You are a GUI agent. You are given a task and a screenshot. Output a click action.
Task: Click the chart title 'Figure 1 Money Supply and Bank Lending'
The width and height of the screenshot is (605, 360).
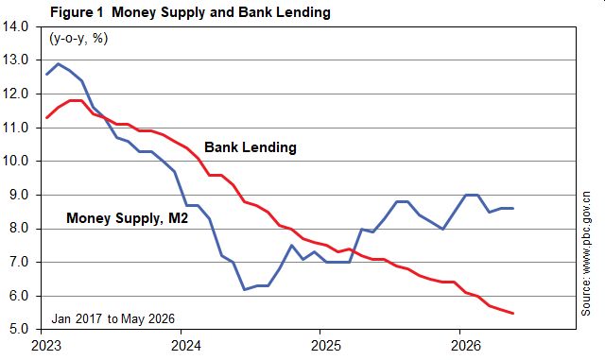point(190,12)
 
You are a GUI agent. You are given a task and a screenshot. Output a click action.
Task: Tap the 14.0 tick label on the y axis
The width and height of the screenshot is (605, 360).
point(15,26)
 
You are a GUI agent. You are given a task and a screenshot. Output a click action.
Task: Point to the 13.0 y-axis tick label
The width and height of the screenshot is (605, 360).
point(15,60)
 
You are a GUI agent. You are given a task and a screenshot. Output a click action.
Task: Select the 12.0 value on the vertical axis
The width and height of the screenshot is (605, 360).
point(15,94)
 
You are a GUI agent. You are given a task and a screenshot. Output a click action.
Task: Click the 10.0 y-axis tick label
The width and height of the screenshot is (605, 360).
point(15,161)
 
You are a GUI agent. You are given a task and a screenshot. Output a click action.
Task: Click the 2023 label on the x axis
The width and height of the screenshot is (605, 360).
point(46,345)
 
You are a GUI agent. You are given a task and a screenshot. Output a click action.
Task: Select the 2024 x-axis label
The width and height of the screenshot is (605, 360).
point(186,345)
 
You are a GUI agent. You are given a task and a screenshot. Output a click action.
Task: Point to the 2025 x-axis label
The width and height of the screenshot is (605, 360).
point(325,345)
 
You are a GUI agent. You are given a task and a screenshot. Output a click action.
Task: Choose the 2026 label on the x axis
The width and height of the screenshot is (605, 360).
point(466,345)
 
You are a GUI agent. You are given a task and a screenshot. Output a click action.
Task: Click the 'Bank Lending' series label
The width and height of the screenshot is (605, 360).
point(251,147)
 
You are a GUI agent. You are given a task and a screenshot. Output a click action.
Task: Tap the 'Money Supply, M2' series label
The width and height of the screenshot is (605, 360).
point(127,218)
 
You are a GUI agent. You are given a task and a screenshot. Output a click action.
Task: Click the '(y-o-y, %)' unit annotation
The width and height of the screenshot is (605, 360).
point(78,39)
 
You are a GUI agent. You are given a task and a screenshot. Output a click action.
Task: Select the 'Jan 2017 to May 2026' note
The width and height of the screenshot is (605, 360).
point(113,318)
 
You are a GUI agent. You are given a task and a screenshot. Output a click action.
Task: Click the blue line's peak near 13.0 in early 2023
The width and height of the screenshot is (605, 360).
point(59,63)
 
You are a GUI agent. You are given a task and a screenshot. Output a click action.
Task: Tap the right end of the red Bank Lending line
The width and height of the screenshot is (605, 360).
point(512,314)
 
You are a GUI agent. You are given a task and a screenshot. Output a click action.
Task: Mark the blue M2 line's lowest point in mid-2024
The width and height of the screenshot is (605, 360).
point(244,289)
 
